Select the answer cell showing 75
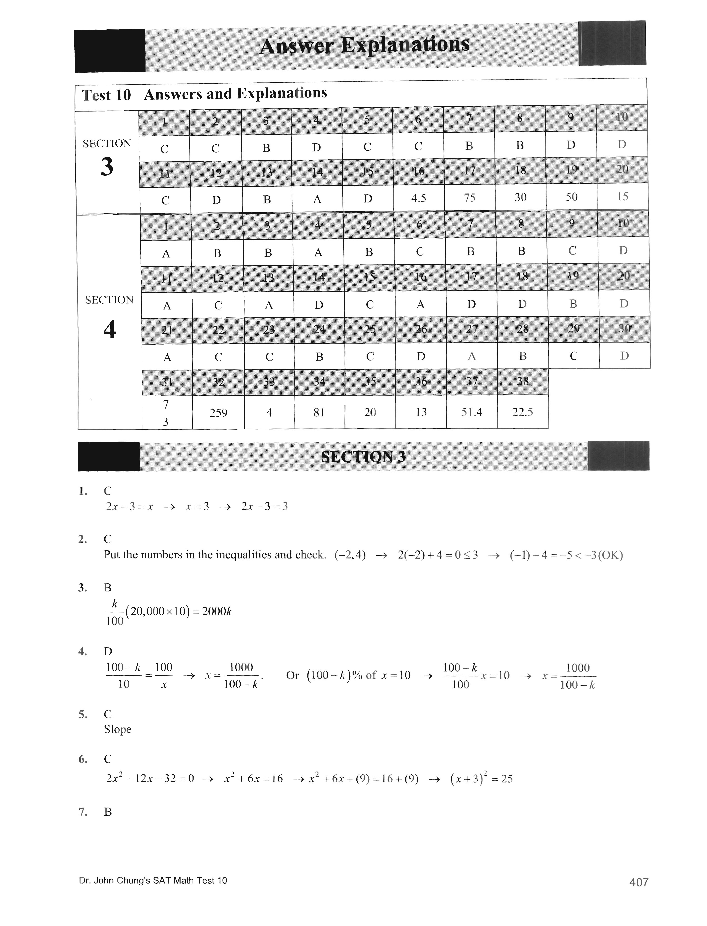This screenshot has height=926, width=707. point(470,197)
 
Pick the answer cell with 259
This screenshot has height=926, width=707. point(218,413)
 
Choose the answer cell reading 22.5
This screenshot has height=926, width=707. point(523,412)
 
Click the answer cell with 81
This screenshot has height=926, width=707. point(319,413)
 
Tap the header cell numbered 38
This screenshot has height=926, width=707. point(523,381)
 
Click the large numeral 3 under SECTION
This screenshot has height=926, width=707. point(107,167)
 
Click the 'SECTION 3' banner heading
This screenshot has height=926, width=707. point(363,457)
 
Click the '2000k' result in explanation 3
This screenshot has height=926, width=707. point(217,612)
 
